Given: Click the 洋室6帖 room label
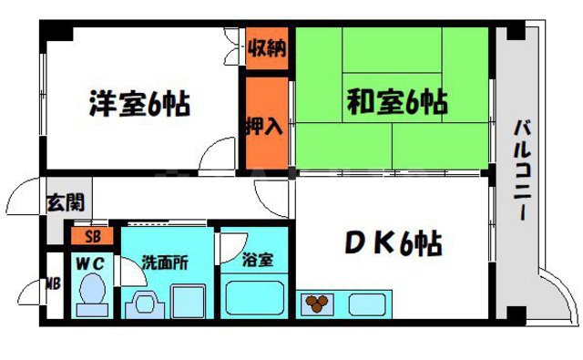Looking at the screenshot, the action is [x=139, y=102].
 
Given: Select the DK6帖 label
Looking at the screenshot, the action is [x=394, y=244].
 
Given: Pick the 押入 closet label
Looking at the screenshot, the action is [x=264, y=124].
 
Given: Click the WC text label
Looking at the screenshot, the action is [x=91, y=262].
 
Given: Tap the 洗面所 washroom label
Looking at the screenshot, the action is [x=165, y=262].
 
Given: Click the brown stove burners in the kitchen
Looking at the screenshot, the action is [x=318, y=303].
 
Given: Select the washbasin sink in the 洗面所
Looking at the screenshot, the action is [x=142, y=303].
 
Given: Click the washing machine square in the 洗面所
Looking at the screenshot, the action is [x=189, y=299].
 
